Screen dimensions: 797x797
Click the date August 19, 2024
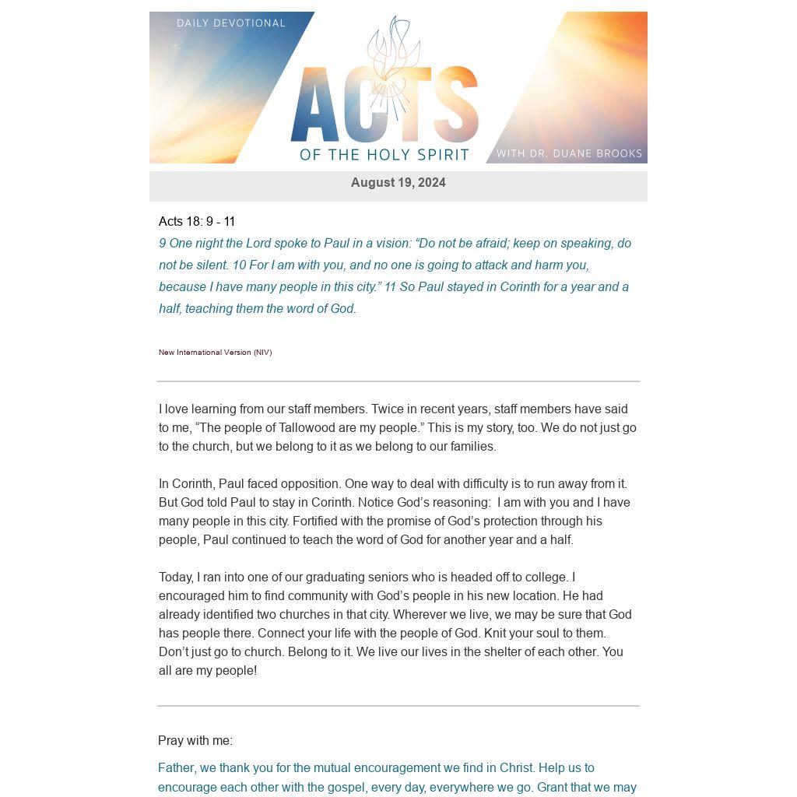(398, 183)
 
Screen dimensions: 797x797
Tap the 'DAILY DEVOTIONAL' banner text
(231, 23)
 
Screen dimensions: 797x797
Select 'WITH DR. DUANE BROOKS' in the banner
(569, 153)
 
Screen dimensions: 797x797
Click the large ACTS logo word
(384, 109)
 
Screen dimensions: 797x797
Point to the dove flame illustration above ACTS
(395, 54)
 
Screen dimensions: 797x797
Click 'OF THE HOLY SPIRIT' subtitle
(384, 155)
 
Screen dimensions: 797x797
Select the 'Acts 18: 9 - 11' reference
(197, 222)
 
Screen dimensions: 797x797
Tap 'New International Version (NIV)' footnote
(215, 353)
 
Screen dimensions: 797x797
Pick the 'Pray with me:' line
(195, 741)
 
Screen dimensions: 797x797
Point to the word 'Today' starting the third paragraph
(176, 578)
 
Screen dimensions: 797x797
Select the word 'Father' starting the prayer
(177, 768)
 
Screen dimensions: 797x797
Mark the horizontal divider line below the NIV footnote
(398, 381)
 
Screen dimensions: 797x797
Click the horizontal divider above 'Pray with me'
(398, 706)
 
